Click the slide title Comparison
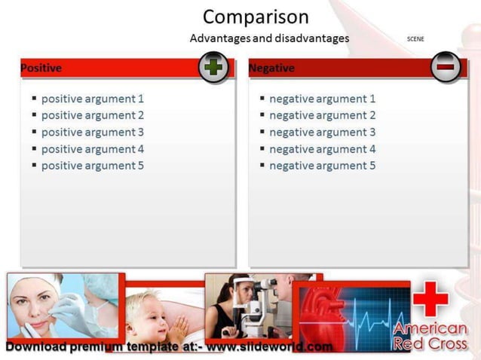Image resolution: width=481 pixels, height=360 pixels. pos(256,17)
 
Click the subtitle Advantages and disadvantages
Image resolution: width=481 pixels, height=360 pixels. pos(269,38)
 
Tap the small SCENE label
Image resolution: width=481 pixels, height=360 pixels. pos(415,38)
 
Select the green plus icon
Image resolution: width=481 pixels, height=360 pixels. pos(214,67)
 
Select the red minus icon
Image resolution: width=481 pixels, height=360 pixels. pos(446,67)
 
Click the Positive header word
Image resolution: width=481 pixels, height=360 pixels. pos(41,68)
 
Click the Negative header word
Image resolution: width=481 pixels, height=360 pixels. pos(271,68)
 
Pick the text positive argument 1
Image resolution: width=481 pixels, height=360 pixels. pos(92,99)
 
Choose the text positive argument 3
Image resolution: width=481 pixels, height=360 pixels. pos(92,132)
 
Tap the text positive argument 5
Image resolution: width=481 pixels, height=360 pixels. pos(92,166)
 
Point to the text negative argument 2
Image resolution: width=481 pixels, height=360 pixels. pos(322,115)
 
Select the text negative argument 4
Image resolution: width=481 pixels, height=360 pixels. pos(322,149)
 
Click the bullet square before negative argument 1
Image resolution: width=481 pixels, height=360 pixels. pos(262,99)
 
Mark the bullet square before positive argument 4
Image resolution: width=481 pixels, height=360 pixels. pos(34,149)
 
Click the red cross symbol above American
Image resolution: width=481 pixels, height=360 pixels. pos(430,299)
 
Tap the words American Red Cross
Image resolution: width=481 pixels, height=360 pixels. pos(430,336)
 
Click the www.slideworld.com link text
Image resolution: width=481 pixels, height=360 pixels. pos(269,347)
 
